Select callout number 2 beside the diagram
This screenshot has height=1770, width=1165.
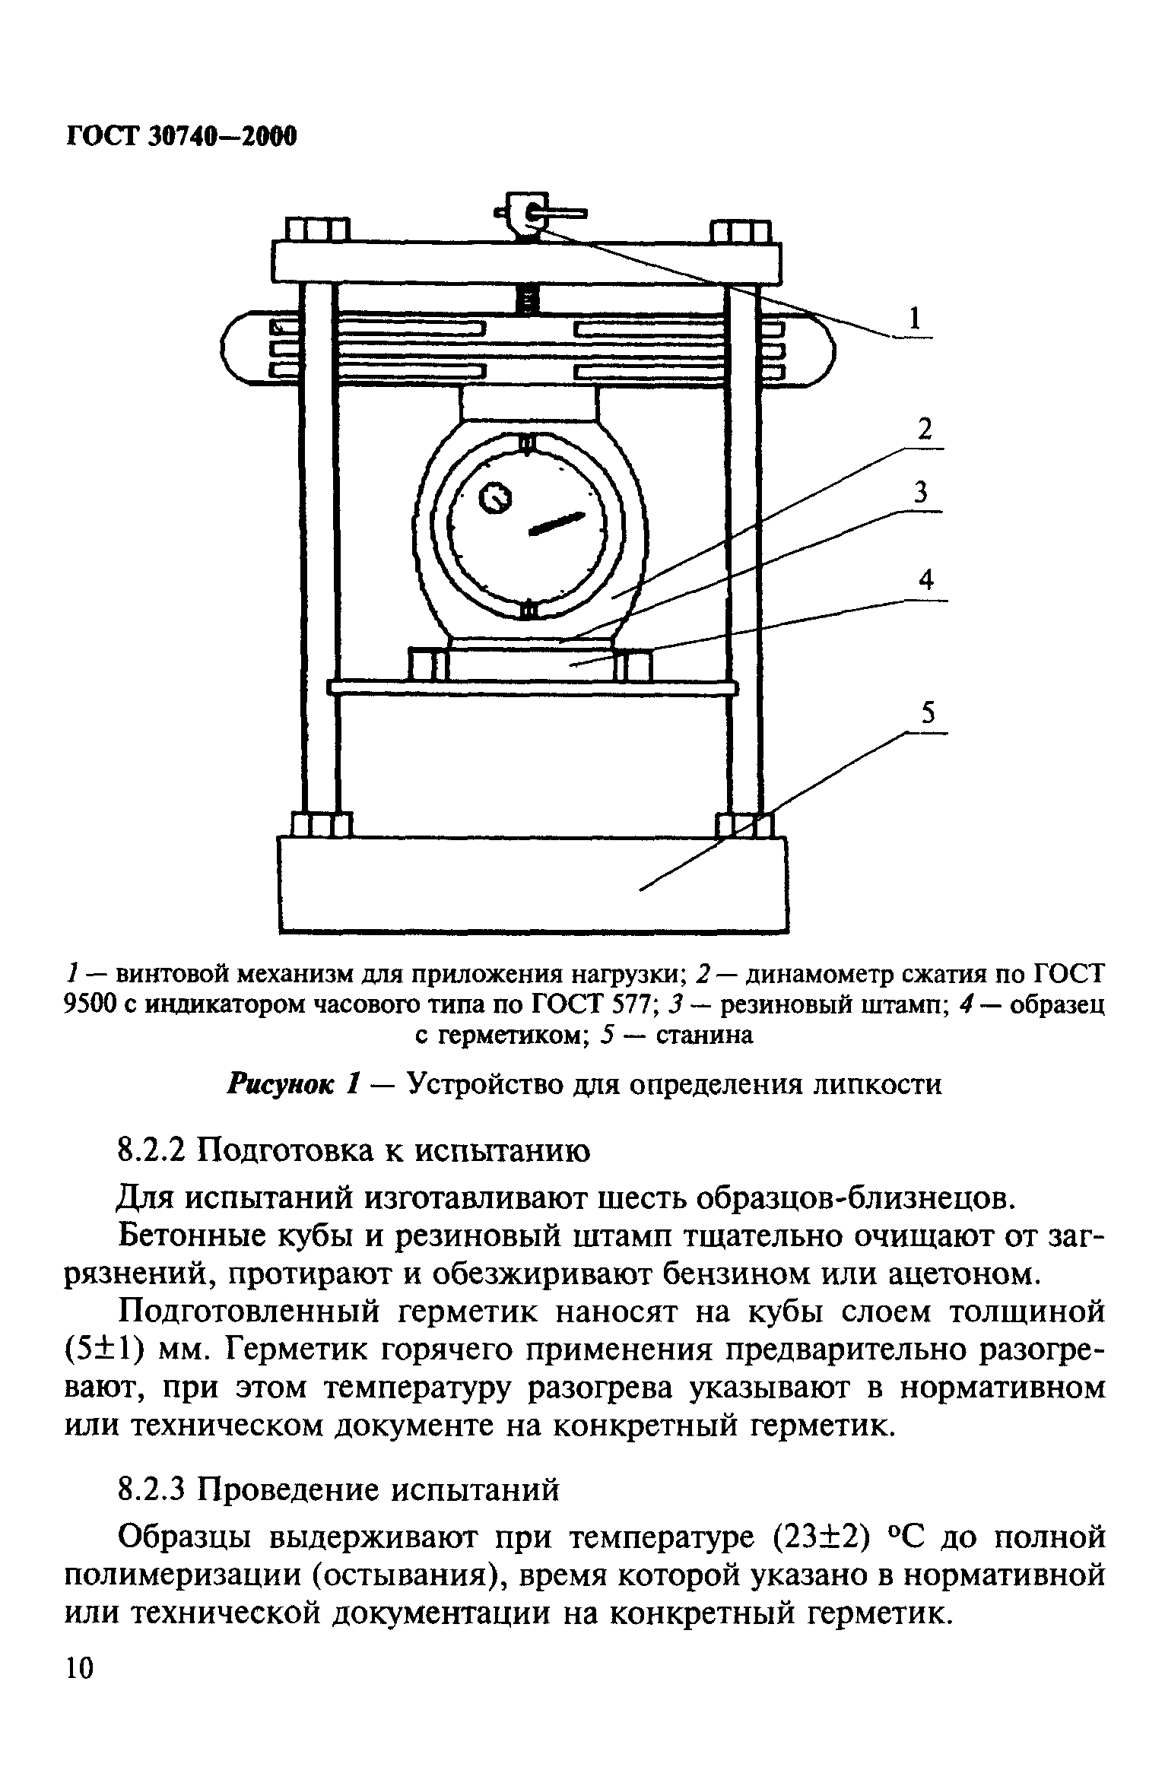coord(924,431)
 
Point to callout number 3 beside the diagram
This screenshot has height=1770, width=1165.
coord(920,494)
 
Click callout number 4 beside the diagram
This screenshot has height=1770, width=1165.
coord(925,582)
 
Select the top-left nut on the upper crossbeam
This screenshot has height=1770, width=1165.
coord(317,230)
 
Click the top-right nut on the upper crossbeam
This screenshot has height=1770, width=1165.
coord(740,230)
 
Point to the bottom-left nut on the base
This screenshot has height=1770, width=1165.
coord(322,825)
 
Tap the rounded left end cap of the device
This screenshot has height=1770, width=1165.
coord(242,349)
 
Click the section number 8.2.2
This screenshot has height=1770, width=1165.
coord(153,1151)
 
